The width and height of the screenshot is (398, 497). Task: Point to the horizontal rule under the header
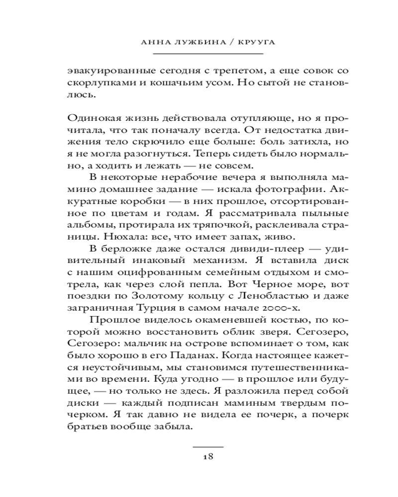pyautogui.click(x=208, y=53)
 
